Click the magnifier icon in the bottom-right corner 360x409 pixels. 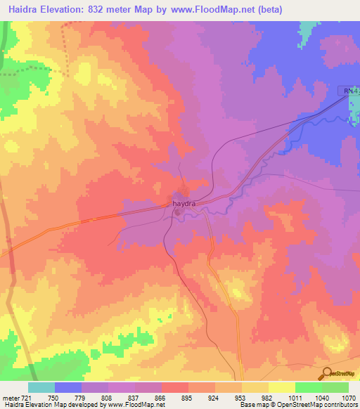[x=326, y=372]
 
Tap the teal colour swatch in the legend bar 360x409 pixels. [x=41, y=387]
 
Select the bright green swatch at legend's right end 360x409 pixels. [x=335, y=387]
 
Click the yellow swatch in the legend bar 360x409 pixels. [x=282, y=387]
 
